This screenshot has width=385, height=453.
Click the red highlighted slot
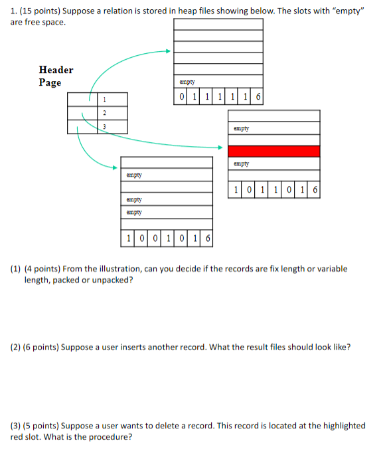[x=273, y=151]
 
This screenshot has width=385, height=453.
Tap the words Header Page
[x=56, y=76]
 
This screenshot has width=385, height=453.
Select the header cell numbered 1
[x=104, y=100]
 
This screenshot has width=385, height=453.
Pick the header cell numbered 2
[x=104, y=113]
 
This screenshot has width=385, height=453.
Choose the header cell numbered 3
[x=104, y=126]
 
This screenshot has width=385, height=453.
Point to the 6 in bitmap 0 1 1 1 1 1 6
[x=258, y=98]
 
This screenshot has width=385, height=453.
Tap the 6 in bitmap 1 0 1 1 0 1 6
[x=314, y=190]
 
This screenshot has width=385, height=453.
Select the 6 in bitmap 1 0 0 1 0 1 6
[x=207, y=238]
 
